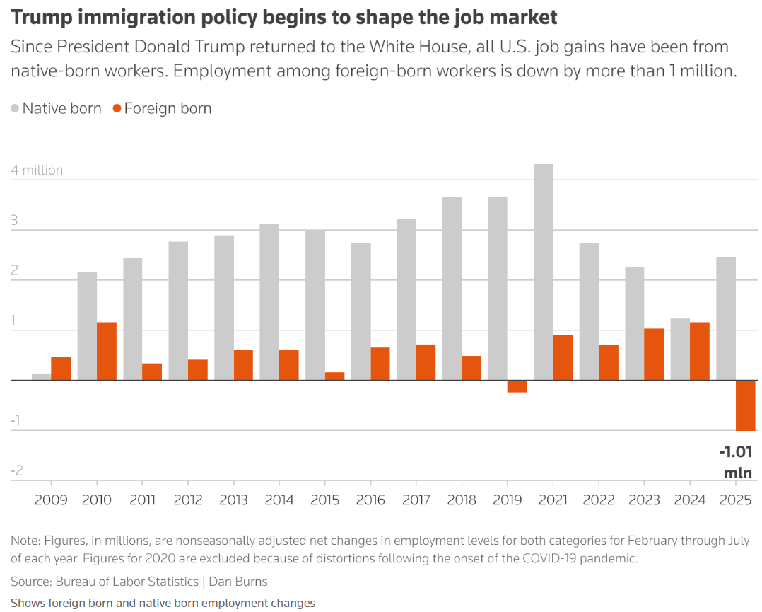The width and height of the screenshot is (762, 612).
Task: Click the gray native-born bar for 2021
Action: pos(544,272)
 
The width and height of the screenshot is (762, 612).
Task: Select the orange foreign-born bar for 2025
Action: pos(746,405)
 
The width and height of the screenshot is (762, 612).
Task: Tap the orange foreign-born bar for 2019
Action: pos(517,386)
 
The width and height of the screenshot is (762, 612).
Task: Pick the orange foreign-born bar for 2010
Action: pos(107,351)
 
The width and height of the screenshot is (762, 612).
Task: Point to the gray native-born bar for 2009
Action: pos(42,376)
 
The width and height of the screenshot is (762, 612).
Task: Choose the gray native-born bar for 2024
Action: pos(680,350)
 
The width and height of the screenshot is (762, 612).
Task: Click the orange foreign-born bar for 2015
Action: pos(334,376)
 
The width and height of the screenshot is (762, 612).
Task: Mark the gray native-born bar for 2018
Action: pos(452,288)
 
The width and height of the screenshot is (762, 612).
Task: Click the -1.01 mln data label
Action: pos(736,463)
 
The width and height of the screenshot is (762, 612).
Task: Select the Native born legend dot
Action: pos(15,109)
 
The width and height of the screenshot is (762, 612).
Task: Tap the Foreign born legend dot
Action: pos(117,109)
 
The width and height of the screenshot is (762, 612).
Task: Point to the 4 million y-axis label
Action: pos(37,171)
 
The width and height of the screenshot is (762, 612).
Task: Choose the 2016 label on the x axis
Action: pos(370,500)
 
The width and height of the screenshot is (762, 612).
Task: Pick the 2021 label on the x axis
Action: pos(553,500)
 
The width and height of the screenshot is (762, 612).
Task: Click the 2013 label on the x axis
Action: pos(233,500)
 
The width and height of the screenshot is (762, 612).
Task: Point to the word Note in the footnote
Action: pos(23,541)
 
